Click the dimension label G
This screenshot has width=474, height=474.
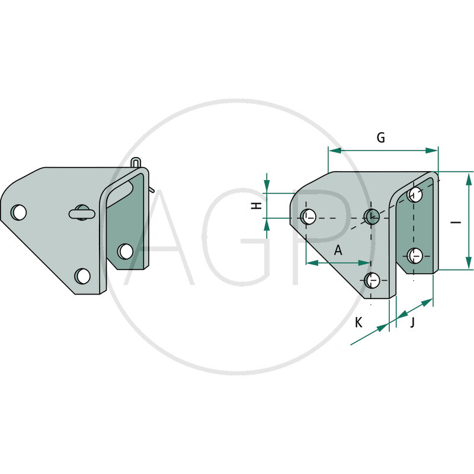tap(381, 137)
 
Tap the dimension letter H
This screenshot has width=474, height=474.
tap(257, 206)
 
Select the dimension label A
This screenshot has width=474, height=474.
tap(338, 250)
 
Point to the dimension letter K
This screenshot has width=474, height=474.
tap(358, 322)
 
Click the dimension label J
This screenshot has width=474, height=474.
tap(412, 322)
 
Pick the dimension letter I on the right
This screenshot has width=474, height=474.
tap(456, 223)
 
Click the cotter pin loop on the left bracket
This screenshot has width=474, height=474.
tap(136, 162)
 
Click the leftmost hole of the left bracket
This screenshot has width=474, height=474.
tap(19, 212)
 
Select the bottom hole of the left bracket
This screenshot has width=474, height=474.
tap(82, 276)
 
